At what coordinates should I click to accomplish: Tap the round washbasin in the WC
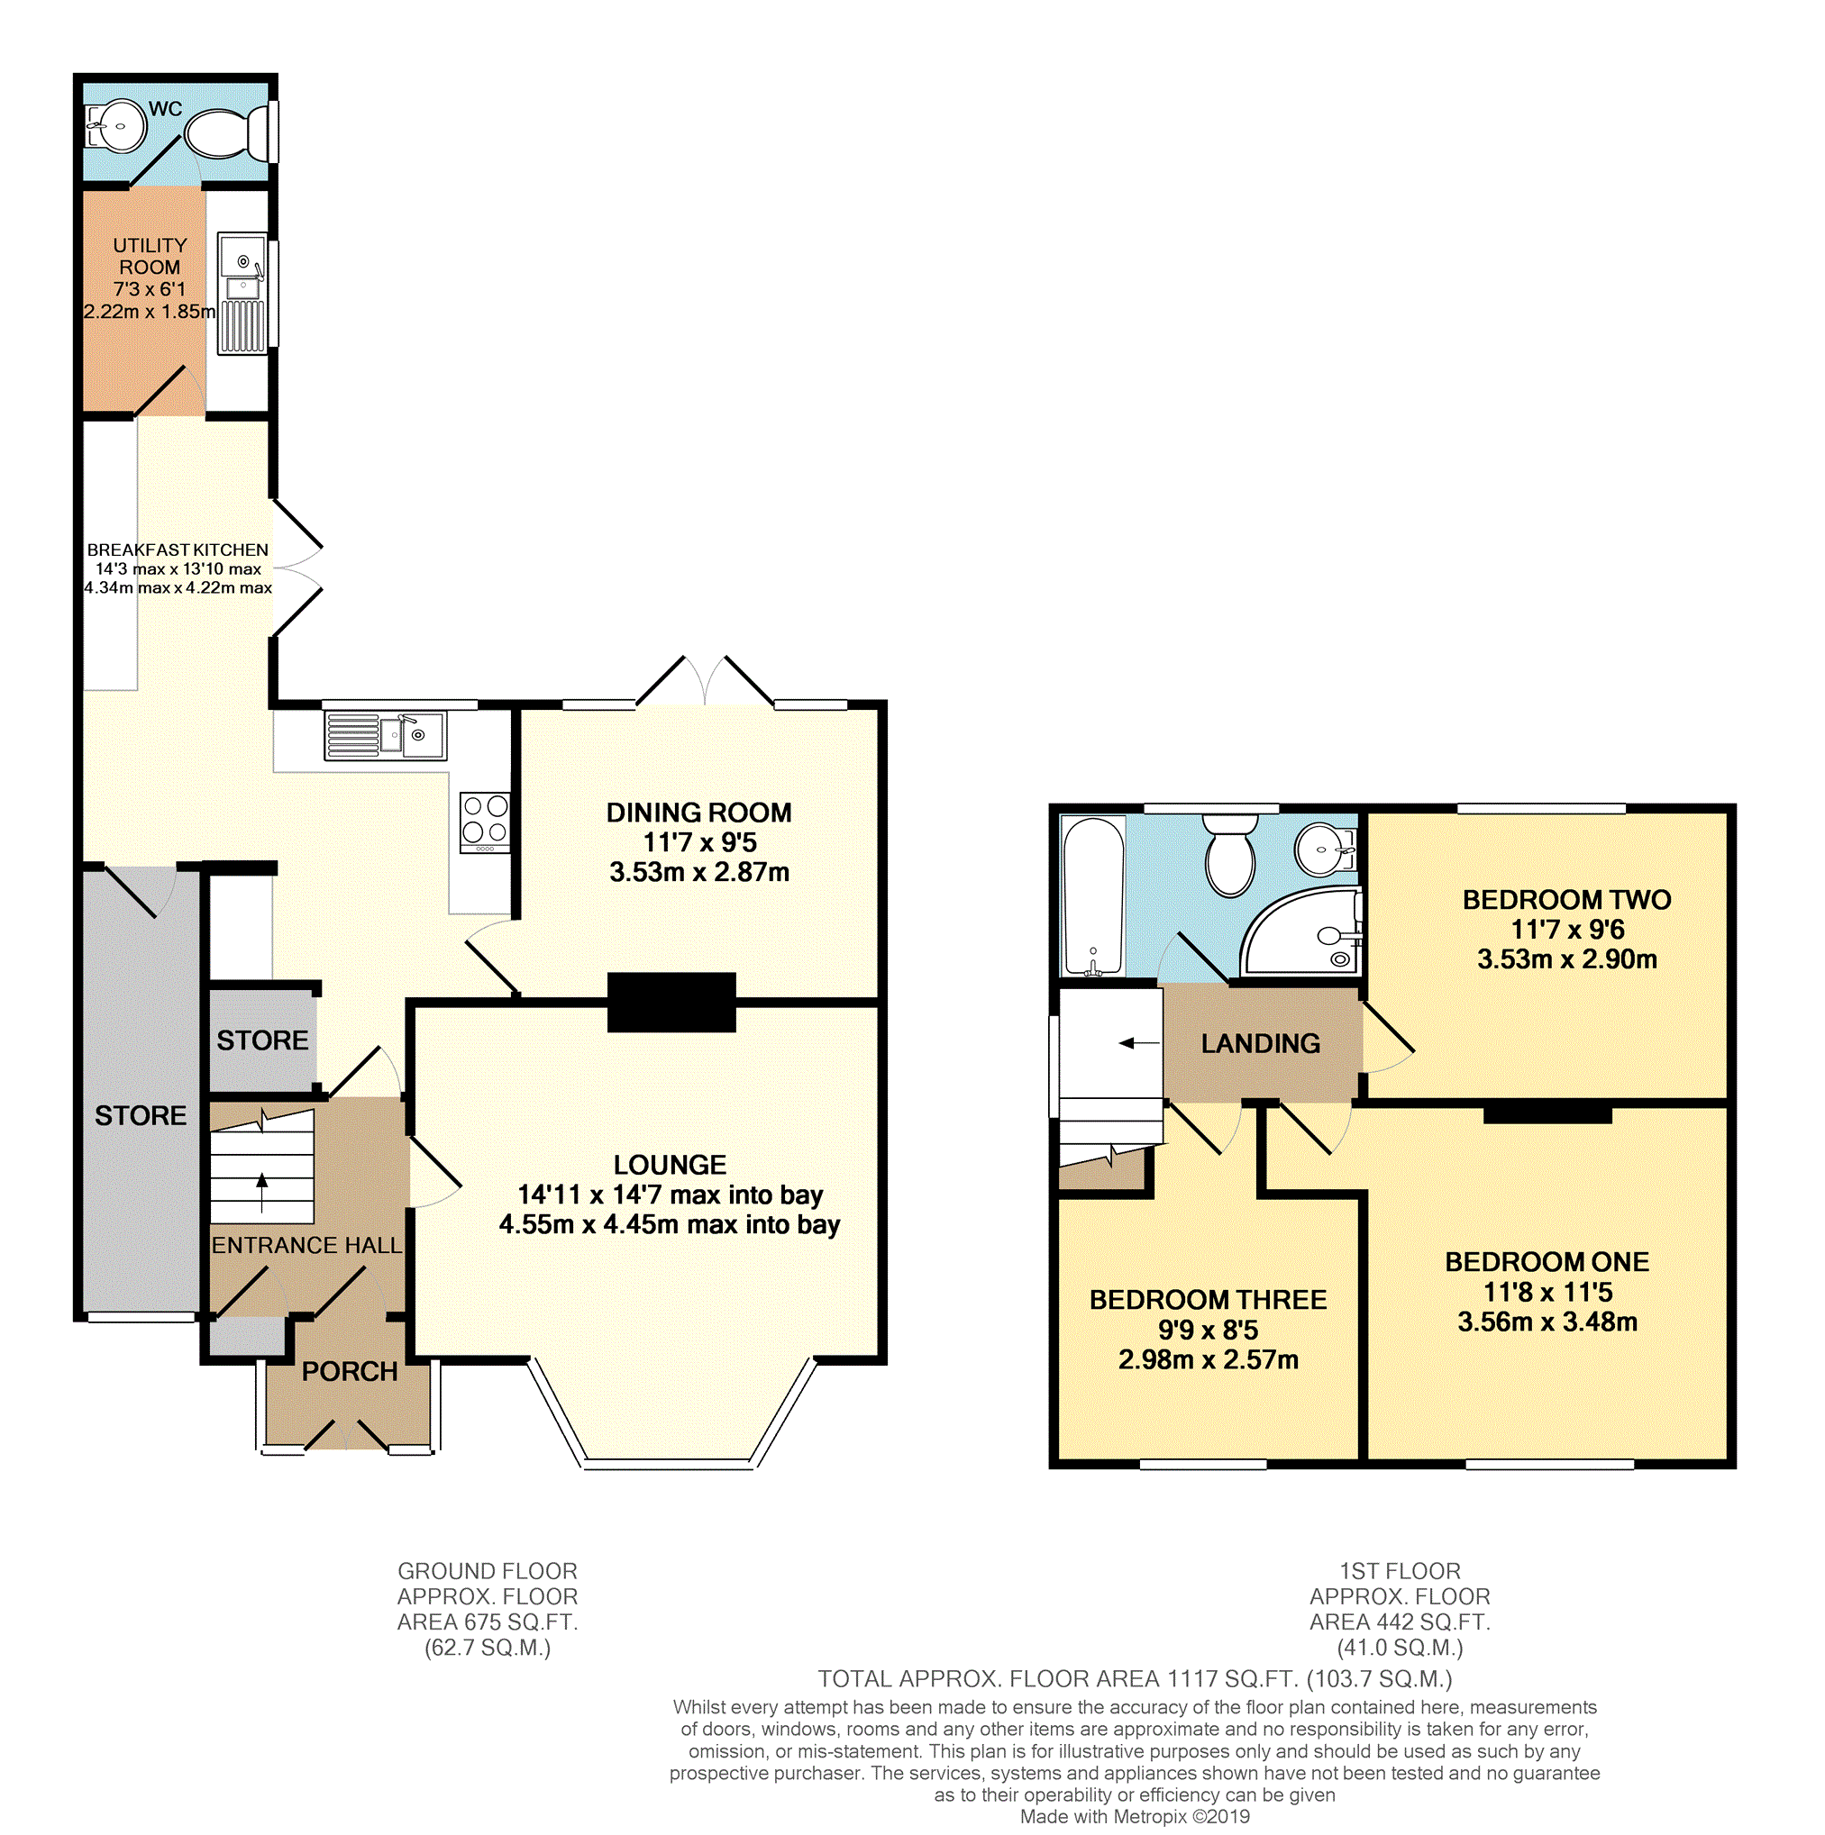click(x=116, y=125)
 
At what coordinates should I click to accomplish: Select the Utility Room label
click(x=149, y=257)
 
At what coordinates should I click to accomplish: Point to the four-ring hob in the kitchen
click(x=485, y=822)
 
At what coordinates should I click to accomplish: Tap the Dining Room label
click(x=698, y=813)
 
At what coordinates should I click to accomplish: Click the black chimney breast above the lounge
click(x=671, y=1002)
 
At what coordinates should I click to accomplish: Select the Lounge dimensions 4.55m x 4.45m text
click(x=670, y=1225)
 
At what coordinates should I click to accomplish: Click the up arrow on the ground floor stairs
click(x=262, y=1194)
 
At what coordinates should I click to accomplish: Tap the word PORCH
click(x=350, y=1371)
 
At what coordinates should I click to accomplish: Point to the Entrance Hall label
click(x=306, y=1245)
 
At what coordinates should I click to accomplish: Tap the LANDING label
click(x=1261, y=1044)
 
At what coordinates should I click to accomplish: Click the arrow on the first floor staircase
click(x=1139, y=1043)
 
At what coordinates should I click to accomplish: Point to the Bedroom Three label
click(x=1209, y=1299)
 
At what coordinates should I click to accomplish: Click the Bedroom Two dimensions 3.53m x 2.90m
click(x=1566, y=959)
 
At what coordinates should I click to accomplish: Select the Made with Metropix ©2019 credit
click(x=1136, y=1817)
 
